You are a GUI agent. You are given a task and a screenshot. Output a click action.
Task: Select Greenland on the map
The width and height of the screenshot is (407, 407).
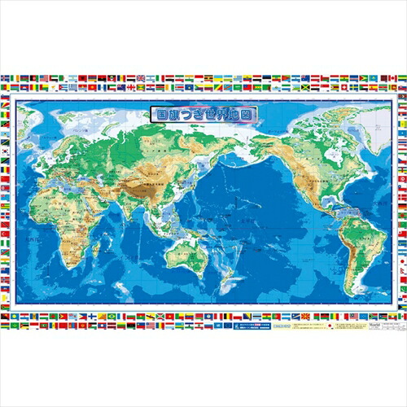[342, 120]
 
